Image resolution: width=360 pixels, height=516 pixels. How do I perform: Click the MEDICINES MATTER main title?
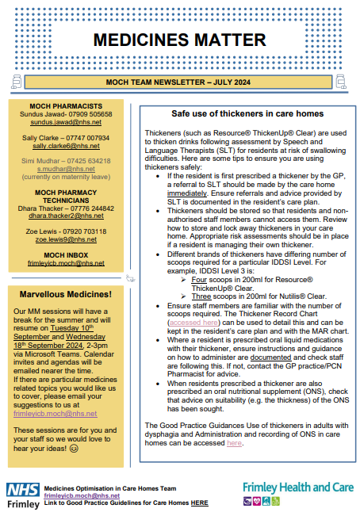point(179,39)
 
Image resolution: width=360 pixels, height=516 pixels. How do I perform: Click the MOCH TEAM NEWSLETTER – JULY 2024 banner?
point(179,82)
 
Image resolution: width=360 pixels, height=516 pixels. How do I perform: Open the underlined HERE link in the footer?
point(199,503)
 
